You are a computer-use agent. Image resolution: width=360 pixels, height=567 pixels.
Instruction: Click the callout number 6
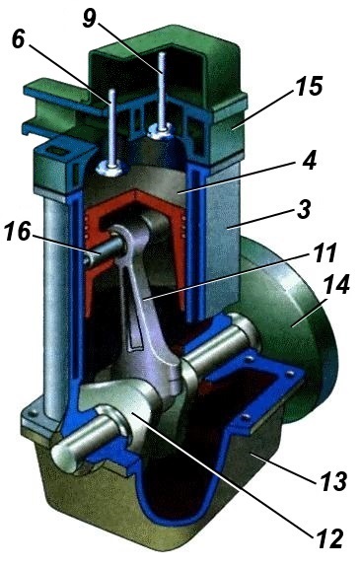pos(19,38)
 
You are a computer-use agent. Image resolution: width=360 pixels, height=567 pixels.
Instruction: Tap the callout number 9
pos(90,18)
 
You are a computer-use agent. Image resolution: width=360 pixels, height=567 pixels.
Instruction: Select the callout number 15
pos(310,86)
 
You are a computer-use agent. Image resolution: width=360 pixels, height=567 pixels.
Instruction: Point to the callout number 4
pos(309,160)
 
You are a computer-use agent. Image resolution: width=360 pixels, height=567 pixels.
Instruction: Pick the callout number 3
pos(304,208)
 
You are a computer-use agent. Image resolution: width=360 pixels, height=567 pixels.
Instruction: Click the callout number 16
pos(18,231)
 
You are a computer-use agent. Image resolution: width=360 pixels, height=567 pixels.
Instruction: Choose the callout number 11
pos(324,252)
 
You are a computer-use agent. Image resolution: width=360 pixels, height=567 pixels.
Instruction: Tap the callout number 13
pos(333,480)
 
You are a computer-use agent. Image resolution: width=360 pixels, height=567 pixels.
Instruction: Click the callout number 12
pos(329,539)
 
